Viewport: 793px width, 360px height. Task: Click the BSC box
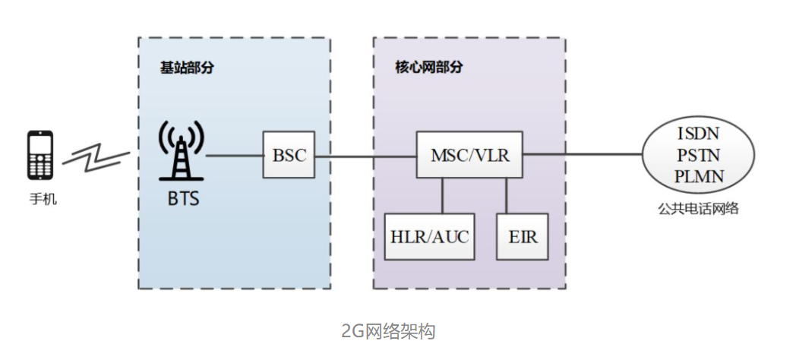coord(289,155)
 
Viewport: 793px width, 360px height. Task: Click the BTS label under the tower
coord(182,199)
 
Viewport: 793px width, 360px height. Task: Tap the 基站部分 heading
coord(186,67)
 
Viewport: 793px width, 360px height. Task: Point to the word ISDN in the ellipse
coord(699,134)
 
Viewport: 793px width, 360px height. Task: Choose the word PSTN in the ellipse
coord(699,155)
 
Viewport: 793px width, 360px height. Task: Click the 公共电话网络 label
coord(699,207)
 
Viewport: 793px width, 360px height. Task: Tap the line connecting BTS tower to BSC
coord(233,156)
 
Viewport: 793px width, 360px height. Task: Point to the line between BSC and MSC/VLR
coord(365,156)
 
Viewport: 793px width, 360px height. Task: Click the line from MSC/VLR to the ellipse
coord(581,155)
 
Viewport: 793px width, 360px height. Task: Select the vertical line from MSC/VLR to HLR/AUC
coord(442,196)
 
